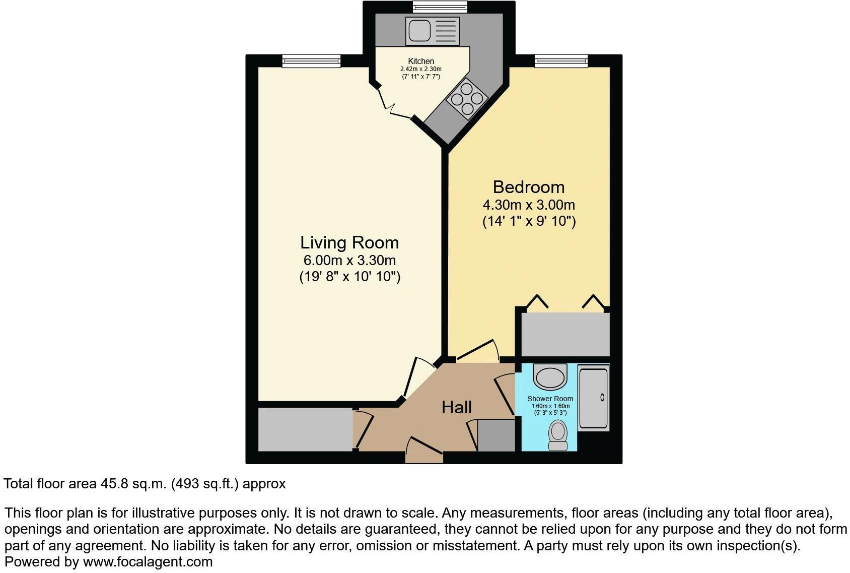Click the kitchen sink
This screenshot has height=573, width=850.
click(x=426, y=31)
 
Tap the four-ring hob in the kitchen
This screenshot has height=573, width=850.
click(x=467, y=99)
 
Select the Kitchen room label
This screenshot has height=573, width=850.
click(x=421, y=61)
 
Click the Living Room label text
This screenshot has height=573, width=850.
click(x=349, y=242)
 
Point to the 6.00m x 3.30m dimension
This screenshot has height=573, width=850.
click(x=349, y=261)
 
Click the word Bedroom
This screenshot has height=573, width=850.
click(x=528, y=187)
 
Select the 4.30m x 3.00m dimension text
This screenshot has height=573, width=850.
click(x=528, y=205)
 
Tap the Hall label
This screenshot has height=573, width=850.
click(x=456, y=407)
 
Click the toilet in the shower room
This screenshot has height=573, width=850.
click(x=557, y=435)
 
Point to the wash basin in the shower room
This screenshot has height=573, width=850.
click(x=550, y=376)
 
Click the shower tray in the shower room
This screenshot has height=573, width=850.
click(x=593, y=398)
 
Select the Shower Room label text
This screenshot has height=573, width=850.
click(x=550, y=399)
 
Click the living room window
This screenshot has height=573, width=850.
click(x=311, y=61)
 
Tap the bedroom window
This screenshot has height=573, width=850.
click(x=561, y=61)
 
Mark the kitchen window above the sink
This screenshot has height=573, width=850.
click(x=440, y=7)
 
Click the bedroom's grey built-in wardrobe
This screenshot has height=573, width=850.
click(x=565, y=334)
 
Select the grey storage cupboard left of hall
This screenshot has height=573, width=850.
click(x=305, y=429)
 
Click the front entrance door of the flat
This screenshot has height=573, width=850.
click(x=424, y=457)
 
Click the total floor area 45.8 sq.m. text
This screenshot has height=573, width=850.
click(x=145, y=484)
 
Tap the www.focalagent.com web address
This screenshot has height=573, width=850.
click(x=148, y=561)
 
